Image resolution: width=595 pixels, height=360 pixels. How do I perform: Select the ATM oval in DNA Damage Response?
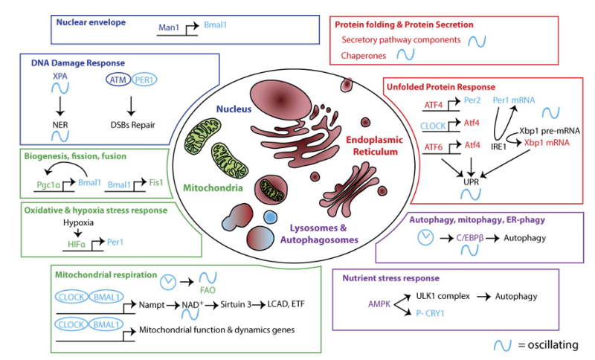(115, 79)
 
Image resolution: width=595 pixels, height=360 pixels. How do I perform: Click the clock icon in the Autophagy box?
(425, 239)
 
